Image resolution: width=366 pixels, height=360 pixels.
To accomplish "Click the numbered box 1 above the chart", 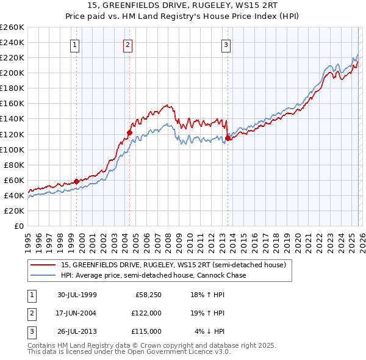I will pos(74,44).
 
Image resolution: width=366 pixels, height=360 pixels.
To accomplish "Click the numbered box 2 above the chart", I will pos(127,44).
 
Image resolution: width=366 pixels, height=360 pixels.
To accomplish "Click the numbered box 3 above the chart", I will pos(226,44).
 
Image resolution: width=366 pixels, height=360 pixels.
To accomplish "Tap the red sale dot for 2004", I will pos(129,132).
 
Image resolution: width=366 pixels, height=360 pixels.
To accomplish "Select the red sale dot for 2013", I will pos(228,138).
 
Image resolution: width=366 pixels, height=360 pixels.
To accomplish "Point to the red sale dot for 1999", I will pos(77,181).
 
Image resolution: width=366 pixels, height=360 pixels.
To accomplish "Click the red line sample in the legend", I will pos(43,265).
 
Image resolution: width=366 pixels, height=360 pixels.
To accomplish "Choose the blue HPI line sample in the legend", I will pos(43,275).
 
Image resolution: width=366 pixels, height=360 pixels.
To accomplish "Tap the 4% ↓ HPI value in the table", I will pos(210,331).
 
